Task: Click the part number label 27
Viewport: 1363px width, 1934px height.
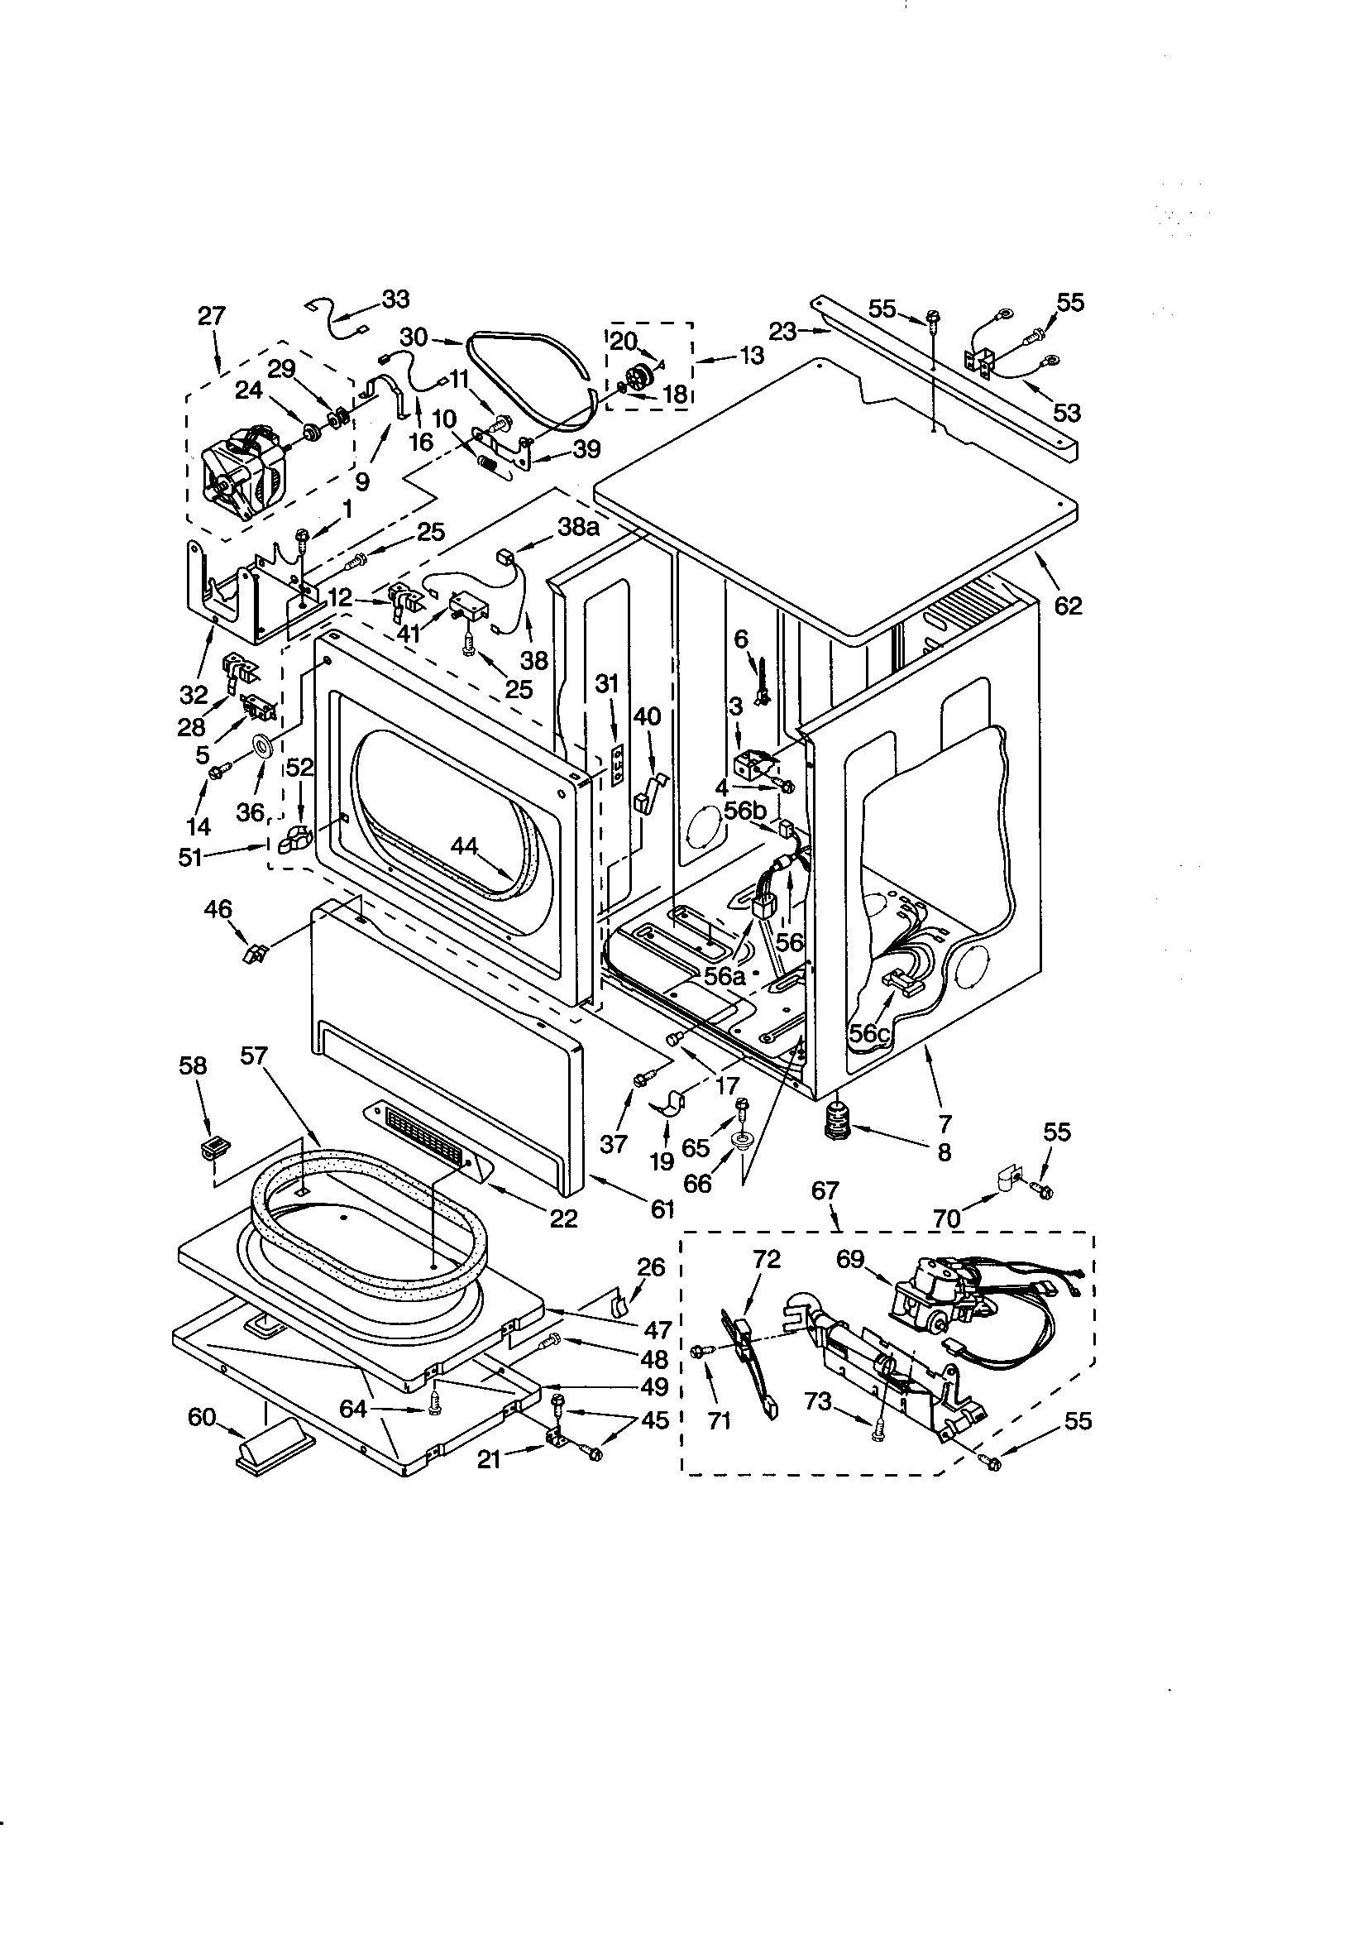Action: [x=212, y=316]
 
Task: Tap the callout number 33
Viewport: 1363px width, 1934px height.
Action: [x=395, y=298]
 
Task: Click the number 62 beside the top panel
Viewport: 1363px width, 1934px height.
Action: [x=1067, y=605]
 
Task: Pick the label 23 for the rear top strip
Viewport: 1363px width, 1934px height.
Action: [x=782, y=332]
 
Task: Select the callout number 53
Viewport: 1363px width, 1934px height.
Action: [x=1066, y=413]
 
